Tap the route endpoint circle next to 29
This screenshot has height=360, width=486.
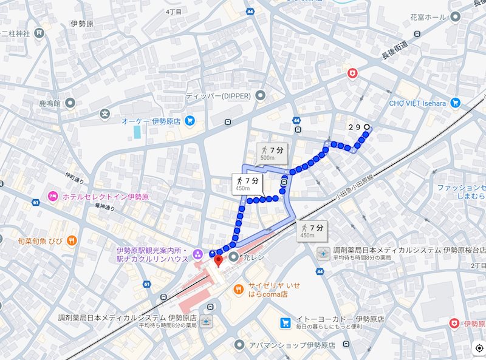(x=366, y=127)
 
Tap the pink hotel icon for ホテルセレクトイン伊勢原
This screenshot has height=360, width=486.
(x=53, y=197)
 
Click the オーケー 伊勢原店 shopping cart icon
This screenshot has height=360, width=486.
(x=190, y=121)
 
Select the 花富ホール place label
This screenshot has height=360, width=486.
(x=436, y=17)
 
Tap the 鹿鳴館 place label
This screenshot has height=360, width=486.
(x=49, y=103)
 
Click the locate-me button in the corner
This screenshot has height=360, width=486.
(x=479, y=348)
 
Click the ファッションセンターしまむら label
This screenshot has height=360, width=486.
(x=462, y=192)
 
